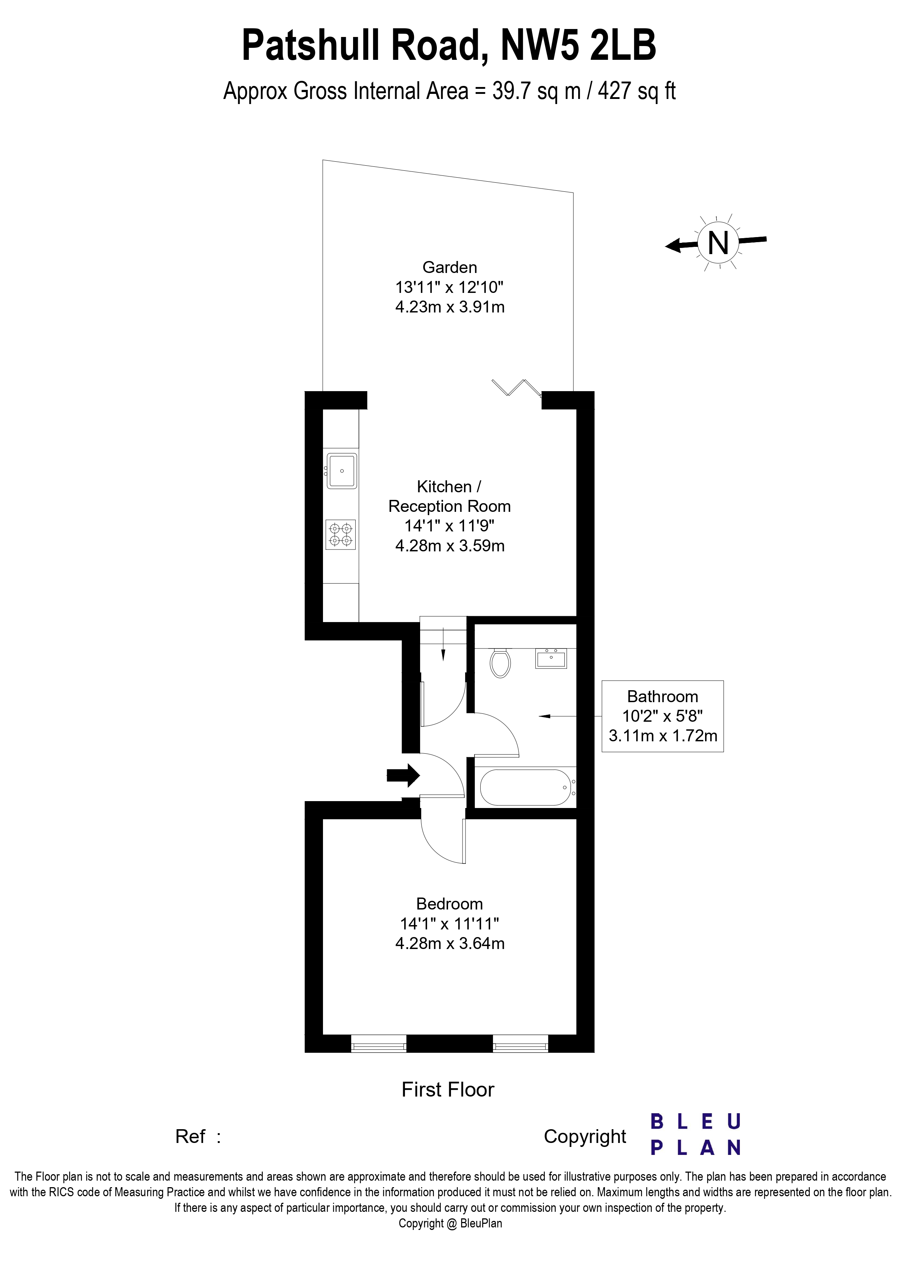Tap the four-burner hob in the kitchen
tap(340, 535)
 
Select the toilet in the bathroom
tap(500, 663)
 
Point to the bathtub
tap(525, 787)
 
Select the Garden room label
tap(449, 268)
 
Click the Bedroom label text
tap(449, 904)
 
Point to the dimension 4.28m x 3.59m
tap(449, 546)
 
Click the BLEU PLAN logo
tap(695, 1135)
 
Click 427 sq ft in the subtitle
tap(637, 91)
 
